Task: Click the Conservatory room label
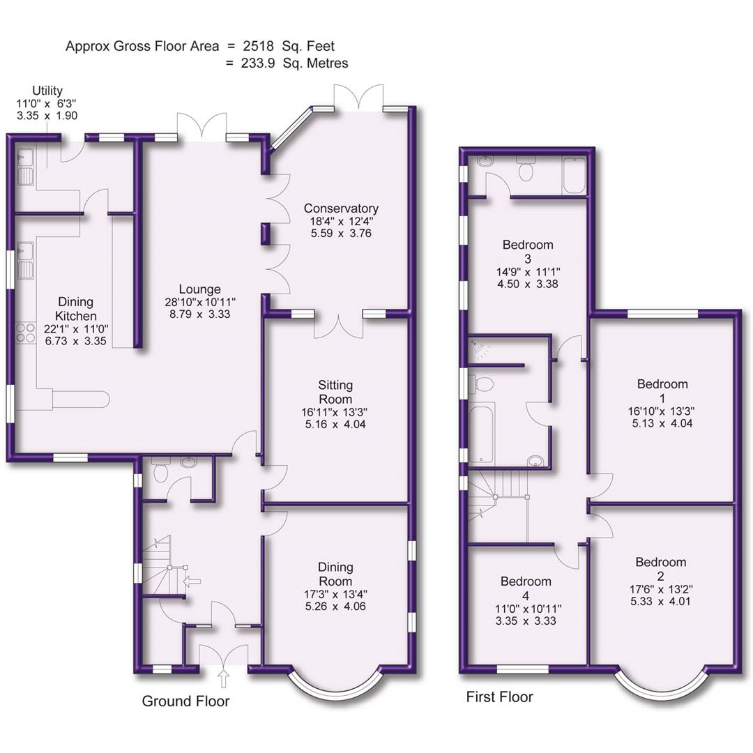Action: (341, 208)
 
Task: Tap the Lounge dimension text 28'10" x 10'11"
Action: (199, 302)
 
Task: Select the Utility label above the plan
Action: (47, 91)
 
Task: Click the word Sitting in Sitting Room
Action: (335, 385)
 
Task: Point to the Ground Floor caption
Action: (185, 701)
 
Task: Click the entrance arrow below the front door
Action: (224, 678)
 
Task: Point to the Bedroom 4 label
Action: (526, 588)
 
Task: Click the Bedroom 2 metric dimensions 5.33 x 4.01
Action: (660, 601)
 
